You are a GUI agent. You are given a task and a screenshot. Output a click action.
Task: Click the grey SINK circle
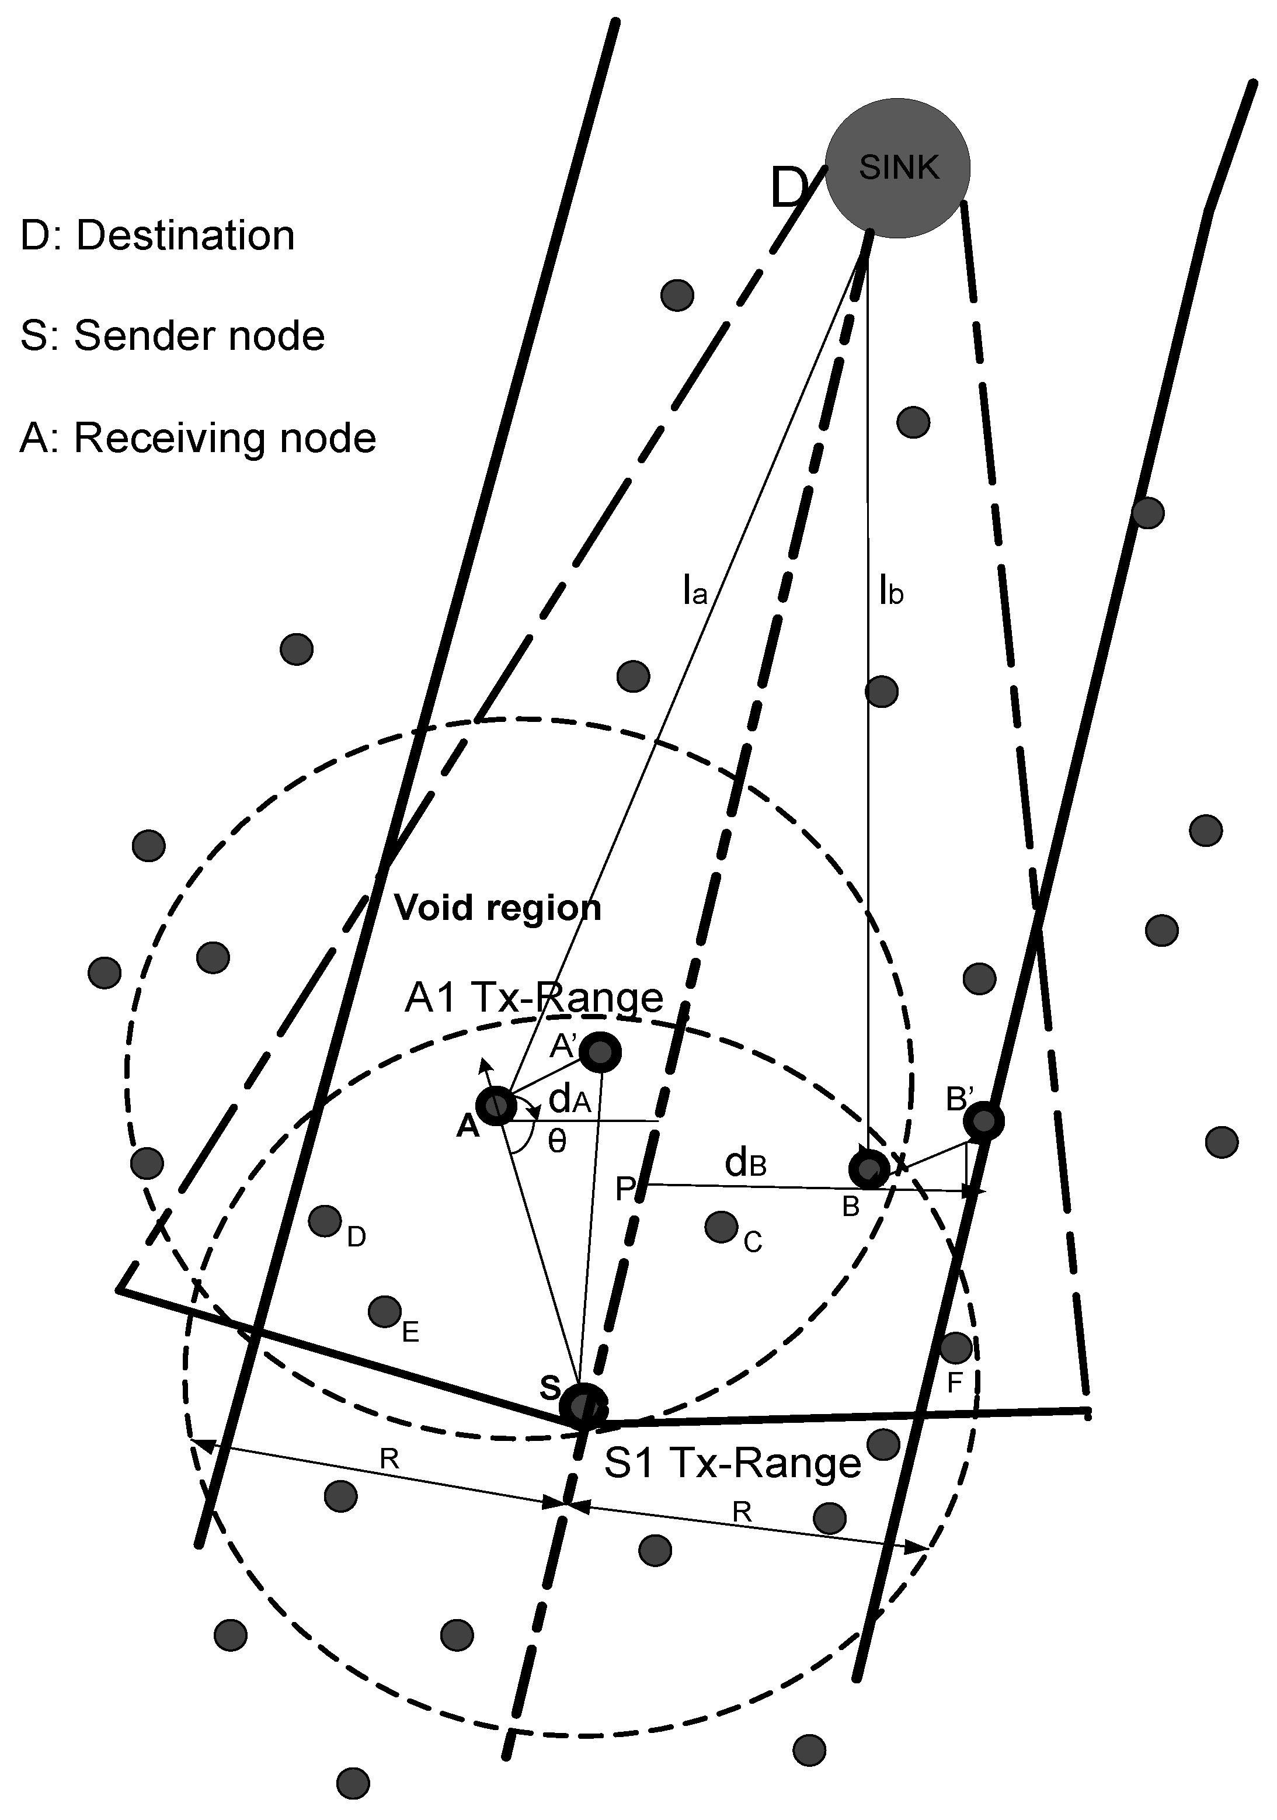[897, 168]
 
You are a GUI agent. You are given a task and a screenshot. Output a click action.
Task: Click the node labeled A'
[601, 1053]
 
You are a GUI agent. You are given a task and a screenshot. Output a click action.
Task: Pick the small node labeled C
[721, 1227]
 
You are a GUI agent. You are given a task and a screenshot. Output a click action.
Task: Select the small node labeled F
[955, 1346]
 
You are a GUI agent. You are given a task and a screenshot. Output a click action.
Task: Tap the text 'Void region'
[498, 908]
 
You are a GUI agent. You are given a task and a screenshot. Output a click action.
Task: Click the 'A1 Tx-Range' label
[534, 997]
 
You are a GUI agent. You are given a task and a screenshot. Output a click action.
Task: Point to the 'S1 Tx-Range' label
[732, 1463]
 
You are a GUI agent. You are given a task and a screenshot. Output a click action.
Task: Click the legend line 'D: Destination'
[157, 235]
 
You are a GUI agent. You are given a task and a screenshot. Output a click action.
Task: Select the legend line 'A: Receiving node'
[197, 437]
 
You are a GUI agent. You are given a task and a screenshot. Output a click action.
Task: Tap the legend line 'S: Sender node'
[172, 335]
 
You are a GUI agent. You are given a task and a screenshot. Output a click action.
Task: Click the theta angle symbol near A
[557, 1141]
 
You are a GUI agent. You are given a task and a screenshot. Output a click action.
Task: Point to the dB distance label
[745, 1163]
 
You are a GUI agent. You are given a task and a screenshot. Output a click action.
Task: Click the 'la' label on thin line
[694, 591]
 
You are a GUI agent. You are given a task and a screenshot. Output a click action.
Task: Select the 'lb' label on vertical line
[892, 591]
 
